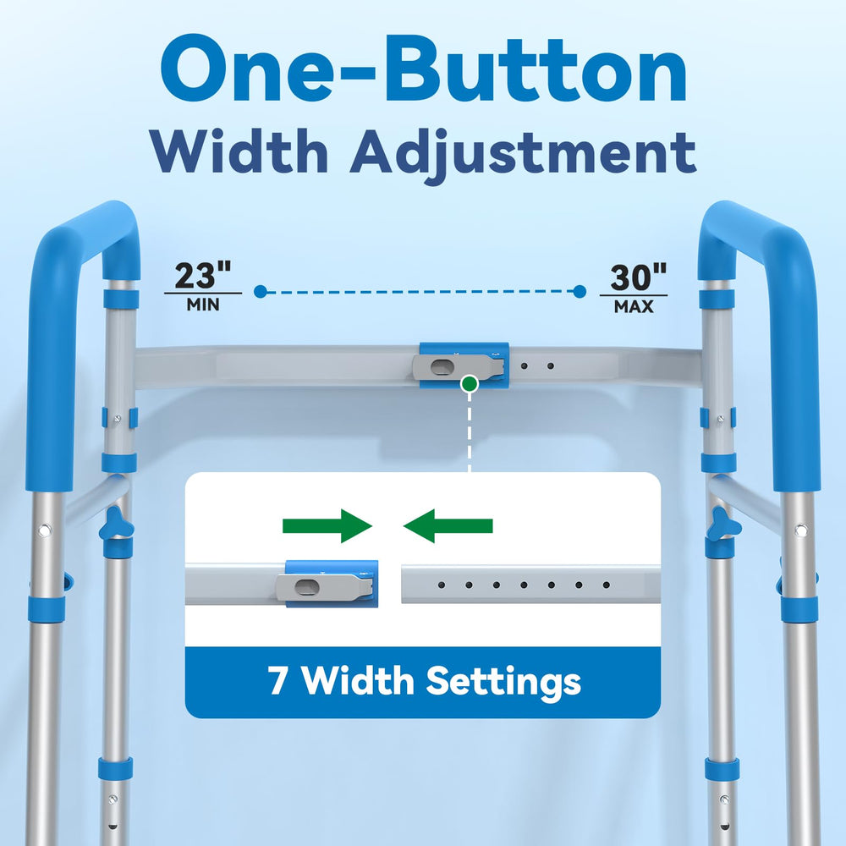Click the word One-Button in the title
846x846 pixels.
tap(424, 69)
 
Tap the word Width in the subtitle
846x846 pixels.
tap(239, 151)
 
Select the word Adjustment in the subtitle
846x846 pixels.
tap(524, 156)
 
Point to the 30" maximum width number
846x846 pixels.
tap(638, 277)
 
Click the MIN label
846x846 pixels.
tap(203, 305)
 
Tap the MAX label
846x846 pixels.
tap(634, 306)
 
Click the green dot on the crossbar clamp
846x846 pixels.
tap(470, 384)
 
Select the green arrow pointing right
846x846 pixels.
tap(327, 525)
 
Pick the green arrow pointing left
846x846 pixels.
tap(448, 525)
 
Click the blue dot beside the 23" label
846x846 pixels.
tap(261, 292)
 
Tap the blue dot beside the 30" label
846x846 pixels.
tap(580, 292)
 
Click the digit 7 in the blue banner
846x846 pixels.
tap(277, 680)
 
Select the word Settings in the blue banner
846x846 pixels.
tap(503, 683)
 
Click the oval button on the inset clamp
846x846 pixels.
tap(307, 586)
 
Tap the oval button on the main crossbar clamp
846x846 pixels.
tap(442, 367)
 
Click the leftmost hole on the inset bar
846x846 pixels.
tap(442, 585)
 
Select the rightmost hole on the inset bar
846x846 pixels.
tap(607, 585)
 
